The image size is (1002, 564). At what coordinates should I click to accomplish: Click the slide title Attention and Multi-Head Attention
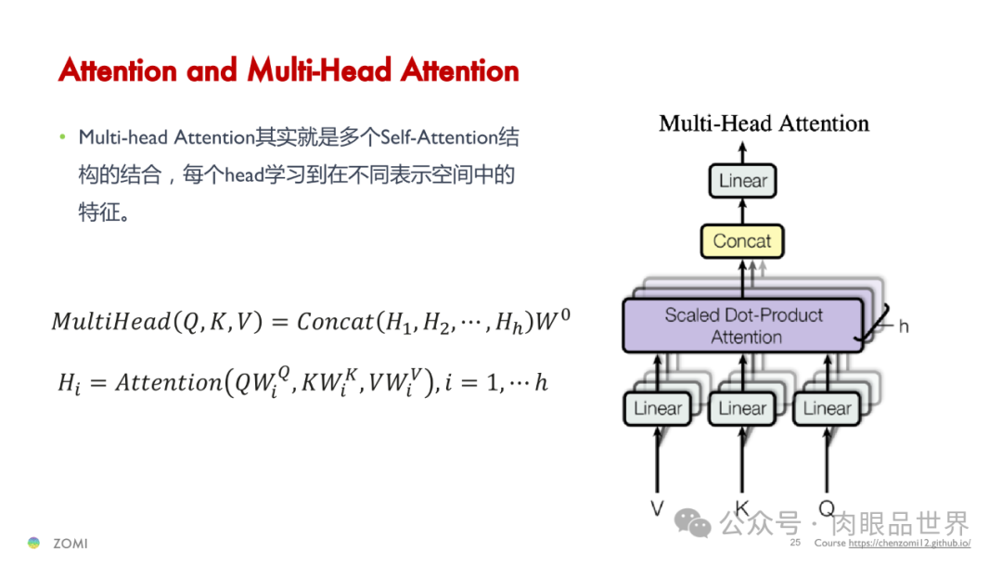(x=289, y=70)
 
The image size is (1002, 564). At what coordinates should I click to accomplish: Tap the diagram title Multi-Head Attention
(x=764, y=123)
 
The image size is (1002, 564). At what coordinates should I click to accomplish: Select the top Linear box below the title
(x=743, y=181)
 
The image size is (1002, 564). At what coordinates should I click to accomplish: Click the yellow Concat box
(x=742, y=241)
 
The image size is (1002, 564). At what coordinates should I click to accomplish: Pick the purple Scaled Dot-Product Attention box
(x=743, y=326)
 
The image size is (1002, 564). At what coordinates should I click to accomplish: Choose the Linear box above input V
(x=658, y=408)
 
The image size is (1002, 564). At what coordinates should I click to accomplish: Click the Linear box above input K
(x=742, y=408)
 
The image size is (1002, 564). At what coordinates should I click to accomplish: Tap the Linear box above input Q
(x=827, y=408)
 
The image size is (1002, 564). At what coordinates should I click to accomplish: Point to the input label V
(x=658, y=507)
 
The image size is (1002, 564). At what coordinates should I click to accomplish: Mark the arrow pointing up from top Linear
(x=742, y=151)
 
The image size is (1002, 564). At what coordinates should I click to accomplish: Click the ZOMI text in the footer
(x=70, y=544)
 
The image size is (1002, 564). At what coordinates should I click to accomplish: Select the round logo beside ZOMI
(x=34, y=543)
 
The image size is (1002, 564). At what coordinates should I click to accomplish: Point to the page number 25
(x=795, y=543)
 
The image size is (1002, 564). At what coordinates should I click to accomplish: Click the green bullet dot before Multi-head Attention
(x=63, y=137)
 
